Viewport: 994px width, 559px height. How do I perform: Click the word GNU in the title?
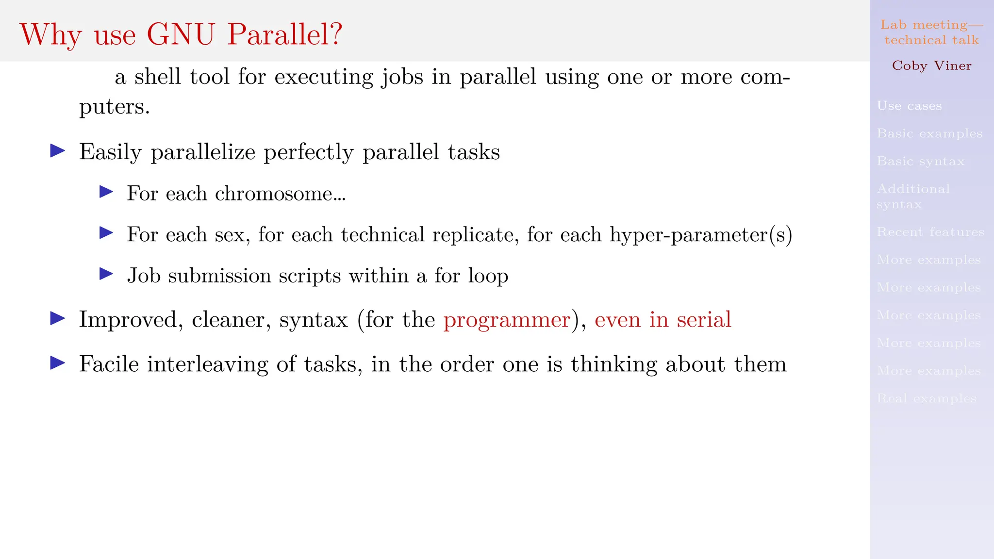(181, 34)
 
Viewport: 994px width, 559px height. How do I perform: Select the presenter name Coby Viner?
(931, 66)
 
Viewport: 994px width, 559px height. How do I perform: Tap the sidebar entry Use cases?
(909, 106)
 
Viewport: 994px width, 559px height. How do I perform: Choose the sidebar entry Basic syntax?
(920, 161)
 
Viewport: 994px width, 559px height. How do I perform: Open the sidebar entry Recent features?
(930, 232)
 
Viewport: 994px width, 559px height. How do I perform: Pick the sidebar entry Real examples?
(927, 398)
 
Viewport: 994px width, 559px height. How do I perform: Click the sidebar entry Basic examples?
(929, 133)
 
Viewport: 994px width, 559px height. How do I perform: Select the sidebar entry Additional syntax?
(913, 196)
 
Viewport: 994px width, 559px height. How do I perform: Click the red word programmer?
(507, 320)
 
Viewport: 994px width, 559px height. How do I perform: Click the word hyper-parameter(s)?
(701, 235)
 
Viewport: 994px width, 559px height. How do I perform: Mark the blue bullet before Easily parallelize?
(58, 151)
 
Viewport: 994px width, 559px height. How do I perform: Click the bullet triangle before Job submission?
(106, 274)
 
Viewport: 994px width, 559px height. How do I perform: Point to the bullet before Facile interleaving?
(58, 363)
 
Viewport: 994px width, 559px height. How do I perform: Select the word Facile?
(109, 364)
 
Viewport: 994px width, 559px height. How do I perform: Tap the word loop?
(488, 276)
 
